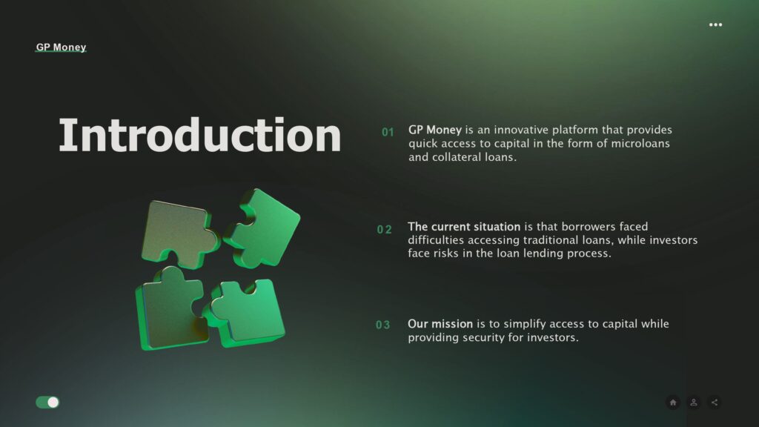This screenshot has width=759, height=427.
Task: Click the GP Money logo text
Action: pos(61,47)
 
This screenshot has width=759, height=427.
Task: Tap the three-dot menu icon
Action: pos(715,24)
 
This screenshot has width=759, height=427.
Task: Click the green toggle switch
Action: pos(47,403)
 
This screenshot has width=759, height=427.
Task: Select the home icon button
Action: pos(673,403)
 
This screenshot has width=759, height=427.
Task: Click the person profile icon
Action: pos(694,403)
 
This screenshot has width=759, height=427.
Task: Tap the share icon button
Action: pos(715,403)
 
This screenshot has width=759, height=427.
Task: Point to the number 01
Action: pos(388,132)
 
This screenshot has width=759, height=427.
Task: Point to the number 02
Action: pos(385,230)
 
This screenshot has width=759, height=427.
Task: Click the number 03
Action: pos(383,325)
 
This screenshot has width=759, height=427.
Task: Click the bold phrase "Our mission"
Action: pos(440,324)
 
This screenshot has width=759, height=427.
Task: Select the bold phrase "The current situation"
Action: pos(464,227)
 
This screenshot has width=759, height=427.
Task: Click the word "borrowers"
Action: pos(588,227)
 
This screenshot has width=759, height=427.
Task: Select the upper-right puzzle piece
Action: pos(264,228)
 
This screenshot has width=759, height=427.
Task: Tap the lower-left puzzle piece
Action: pos(170,310)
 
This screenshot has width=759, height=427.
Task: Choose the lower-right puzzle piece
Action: pos(247,312)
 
